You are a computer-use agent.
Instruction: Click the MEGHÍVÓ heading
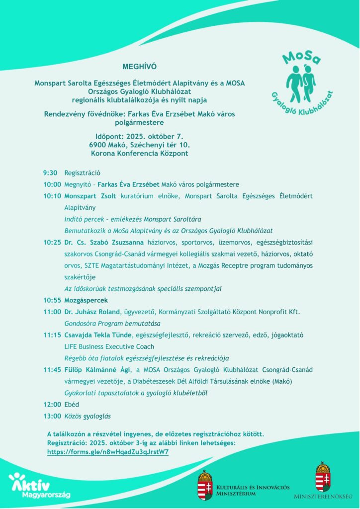click(136, 66)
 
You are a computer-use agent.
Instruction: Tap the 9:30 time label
click(50, 173)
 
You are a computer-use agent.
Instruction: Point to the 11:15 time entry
click(52, 335)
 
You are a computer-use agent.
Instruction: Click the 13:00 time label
click(52, 416)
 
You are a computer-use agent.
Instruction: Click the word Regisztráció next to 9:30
click(83, 173)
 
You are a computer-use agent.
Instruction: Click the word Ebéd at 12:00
click(72, 405)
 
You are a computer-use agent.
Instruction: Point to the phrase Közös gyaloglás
click(88, 416)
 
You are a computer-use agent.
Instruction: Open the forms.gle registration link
click(108, 452)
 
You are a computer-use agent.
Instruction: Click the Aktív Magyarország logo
click(39, 486)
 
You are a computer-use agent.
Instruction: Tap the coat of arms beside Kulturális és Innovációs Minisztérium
click(205, 485)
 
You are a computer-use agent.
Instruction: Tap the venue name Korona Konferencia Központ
click(139, 154)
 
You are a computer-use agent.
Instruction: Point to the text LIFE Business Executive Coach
click(109, 346)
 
